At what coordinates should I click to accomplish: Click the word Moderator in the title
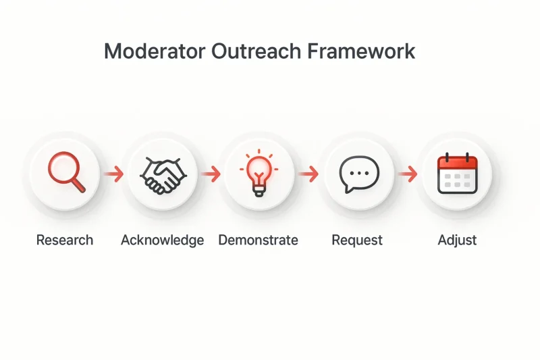pyautogui.click(x=155, y=51)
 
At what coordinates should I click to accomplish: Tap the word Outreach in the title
pyautogui.click(x=256, y=51)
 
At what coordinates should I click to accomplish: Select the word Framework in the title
pyautogui.click(x=361, y=51)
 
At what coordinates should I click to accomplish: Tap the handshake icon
pyautogui.click(x=163, y=175)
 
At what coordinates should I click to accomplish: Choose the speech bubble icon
pyautogui.click(x=359, y=174)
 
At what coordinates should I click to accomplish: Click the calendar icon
pyautogui.click(x=458, y=174)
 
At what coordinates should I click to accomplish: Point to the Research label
pyautogui.click(x=65, y=240)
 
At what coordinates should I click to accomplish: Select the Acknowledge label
pyautogui.click(x=162, y=240)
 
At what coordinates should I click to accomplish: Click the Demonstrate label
pyautogui.click(x=259, y=240)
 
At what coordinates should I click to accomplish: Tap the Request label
pyautogui.click(x=357, y=240)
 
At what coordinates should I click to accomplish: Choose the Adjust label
pyautogui.click(x=458, y=240)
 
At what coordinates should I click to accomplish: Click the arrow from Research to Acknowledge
pyautogui.click(x=113, y=174)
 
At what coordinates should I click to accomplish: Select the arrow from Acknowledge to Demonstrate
pyautogui.click(x=211, y=174)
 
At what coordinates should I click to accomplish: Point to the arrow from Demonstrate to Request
pyautogui.click(x=308, y=174)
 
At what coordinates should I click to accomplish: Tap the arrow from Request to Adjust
pyautogui.click(x=408, y=174)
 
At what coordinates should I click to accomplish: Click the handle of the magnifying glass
pyautogui.click(x=79, y=186)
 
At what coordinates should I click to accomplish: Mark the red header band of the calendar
pyautogui.click(x=458, y=163)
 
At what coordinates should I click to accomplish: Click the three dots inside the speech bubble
pyautogui.click(x=359, y=173)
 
